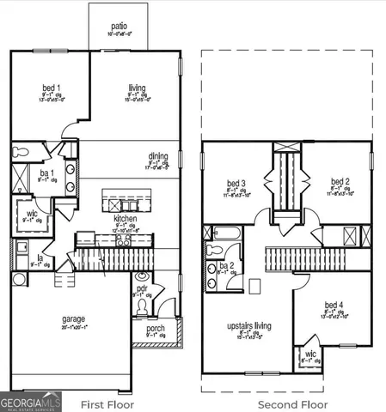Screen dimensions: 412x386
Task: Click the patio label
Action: (118, 27)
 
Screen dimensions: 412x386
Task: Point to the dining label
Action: (158, 156)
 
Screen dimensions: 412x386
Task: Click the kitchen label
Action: (126, 219)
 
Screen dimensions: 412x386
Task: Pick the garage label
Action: (73, 319)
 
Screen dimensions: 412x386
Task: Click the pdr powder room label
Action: (143, 289)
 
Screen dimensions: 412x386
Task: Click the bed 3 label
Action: (236, 184)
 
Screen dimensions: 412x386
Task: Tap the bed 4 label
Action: (334, 306)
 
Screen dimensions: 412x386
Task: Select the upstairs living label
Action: (248, 327)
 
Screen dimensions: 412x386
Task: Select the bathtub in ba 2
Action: (228, 232)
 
